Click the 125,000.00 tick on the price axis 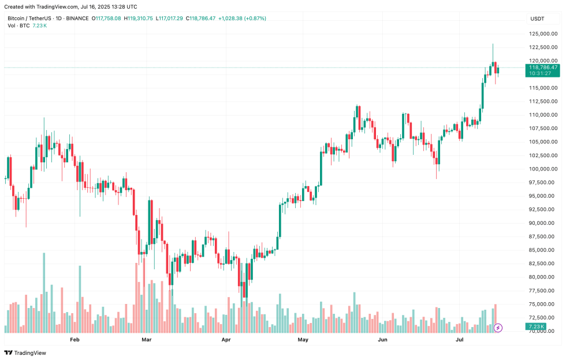coord(543,34)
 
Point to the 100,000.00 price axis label coord(543,169)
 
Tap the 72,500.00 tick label coord(543,318)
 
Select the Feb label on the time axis coord(75,340)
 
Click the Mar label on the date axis coord(147,340)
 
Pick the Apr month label coord(226,340)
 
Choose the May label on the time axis coord(303,340)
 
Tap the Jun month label coord(382,340)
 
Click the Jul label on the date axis coord(459,340)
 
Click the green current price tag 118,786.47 coord(543,68)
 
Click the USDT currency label coord(538,18)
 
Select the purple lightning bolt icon coord(498,328)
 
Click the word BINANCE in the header coord(77,18)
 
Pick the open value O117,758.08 coord(107,18)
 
